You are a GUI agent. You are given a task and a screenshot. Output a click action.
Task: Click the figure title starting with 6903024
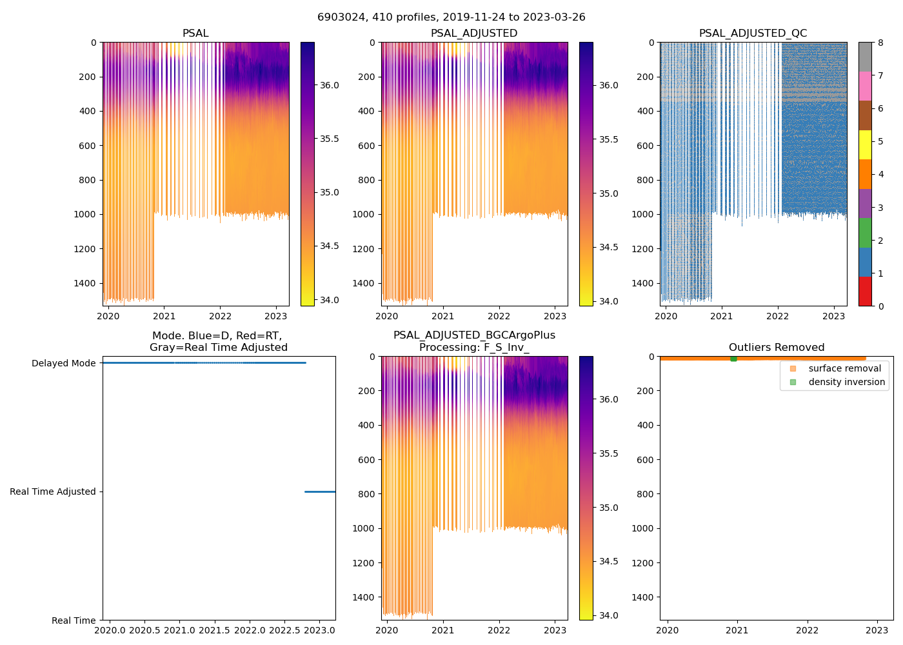point(451,17)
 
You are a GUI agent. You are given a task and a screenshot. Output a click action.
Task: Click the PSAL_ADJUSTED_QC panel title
point(753,34)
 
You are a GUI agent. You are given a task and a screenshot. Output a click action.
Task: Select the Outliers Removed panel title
point(777,348)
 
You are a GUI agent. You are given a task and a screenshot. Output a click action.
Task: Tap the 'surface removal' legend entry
point(844,368)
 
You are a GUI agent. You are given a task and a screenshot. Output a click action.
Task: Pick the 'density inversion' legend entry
point(846,382)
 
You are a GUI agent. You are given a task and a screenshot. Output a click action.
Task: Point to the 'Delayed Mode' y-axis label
point(63,363)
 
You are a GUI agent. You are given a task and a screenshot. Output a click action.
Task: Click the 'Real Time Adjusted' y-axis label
point(53,491)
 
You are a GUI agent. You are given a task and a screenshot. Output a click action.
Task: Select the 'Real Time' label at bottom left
point(74,620)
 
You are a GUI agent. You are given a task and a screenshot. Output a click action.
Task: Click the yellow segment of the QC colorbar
point(865,145)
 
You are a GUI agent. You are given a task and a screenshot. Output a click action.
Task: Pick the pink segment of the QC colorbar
point(865,86)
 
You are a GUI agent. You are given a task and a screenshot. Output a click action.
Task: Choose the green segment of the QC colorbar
point(865,233)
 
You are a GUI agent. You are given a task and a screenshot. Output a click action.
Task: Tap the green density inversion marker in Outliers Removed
point(733,358)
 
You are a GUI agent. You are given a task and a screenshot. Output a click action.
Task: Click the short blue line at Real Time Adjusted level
point(320,491)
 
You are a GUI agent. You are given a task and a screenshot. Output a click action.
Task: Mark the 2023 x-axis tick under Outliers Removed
point(877,630)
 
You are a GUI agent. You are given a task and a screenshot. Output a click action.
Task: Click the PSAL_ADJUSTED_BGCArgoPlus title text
point(474,335)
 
